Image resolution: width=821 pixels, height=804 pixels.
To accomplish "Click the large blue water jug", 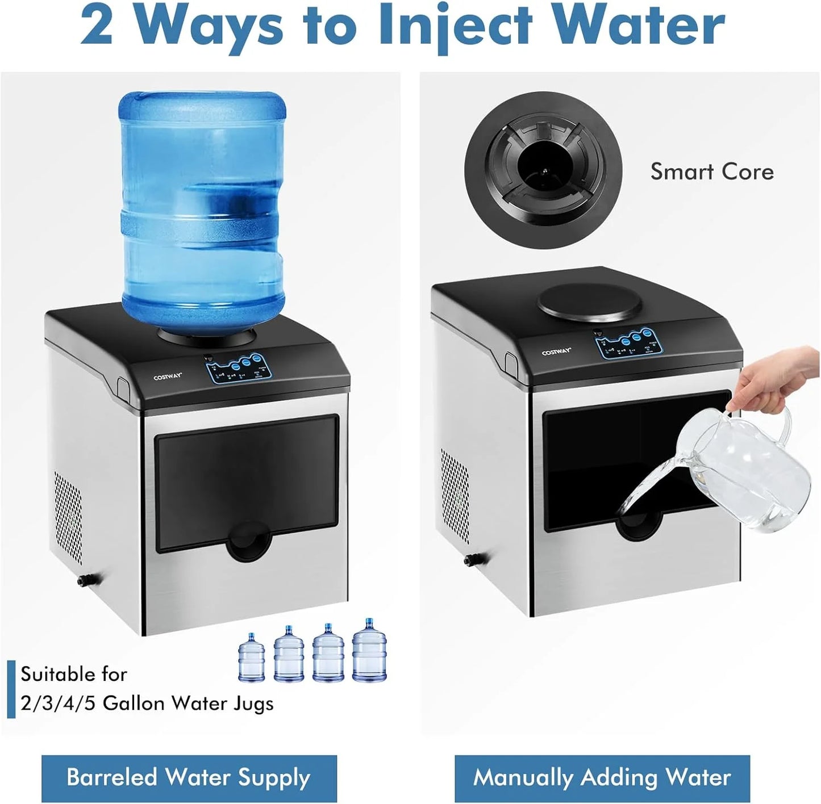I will point(201,213).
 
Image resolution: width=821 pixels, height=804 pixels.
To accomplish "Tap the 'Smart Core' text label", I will point(711,171).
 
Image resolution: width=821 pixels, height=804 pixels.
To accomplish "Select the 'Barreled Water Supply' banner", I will point(189,777).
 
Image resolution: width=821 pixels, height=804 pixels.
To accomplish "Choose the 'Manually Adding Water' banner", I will point(602,777).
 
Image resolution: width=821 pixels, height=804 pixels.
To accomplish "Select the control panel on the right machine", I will point(627,343).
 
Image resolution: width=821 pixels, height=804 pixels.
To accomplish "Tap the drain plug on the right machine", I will point(471,560).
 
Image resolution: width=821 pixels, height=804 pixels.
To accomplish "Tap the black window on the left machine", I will point(247,483).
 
